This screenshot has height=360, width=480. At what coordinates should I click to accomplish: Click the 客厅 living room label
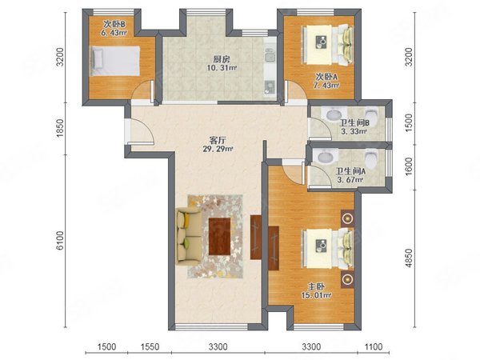pos(218,141)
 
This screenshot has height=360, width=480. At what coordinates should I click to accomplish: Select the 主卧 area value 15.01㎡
pos(316,296)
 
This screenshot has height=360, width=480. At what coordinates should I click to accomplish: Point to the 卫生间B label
pos(354,123)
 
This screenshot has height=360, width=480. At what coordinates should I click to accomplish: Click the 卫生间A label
pos(350,171)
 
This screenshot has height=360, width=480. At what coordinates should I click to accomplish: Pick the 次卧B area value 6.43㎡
pos(114,33)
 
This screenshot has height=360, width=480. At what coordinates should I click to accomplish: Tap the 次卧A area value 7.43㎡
pos(326,86)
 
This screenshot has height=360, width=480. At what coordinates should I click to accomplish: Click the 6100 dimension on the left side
pos(61,241)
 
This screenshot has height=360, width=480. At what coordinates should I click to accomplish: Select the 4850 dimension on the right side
pos(409,258)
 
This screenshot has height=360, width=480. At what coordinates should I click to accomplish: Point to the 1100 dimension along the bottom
pos(374,347)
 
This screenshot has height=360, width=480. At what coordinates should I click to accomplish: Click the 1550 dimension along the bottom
pos(150,347)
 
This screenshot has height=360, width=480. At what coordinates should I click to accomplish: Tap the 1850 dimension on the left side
pos(61,128)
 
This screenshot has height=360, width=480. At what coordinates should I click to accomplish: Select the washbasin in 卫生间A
pos(326,157)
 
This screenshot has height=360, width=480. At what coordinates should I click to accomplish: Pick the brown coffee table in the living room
pos(219,236)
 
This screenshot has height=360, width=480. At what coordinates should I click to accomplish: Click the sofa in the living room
pos(188,236)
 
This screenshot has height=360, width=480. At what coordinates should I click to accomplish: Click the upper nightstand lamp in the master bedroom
pos(347,218)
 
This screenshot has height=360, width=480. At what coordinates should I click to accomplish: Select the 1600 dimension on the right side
pos(409,166)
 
